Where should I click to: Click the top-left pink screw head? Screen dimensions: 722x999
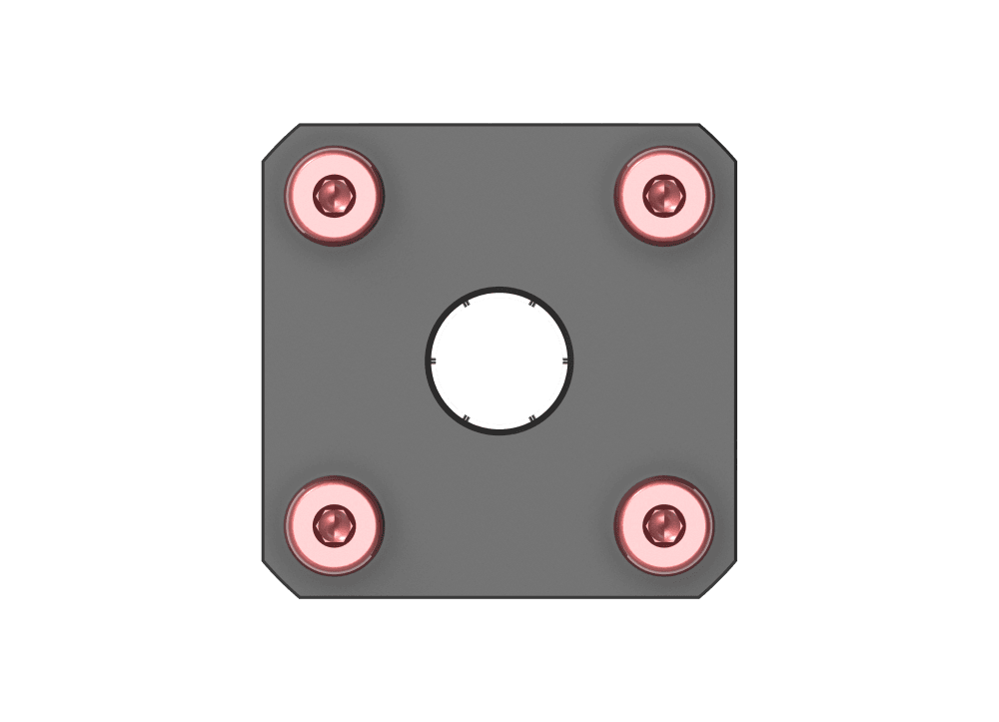click(335, 196)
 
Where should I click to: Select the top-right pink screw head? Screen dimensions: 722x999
click(663, 196)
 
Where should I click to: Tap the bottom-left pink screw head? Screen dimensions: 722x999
click(335, 524)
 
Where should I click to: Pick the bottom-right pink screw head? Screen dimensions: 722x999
click(663, 524)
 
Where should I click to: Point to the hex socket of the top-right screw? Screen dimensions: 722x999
click(663, 194)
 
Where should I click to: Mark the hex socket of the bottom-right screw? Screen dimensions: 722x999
click(663, 522)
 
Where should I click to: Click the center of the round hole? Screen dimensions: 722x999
click(499, 361)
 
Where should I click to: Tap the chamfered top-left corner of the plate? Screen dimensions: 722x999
click(281, 142)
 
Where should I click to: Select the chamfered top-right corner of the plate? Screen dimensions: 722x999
click(718, 142)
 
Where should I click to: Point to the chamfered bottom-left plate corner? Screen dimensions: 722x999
click(281, 580)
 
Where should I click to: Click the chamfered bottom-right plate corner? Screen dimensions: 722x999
click(718, 580)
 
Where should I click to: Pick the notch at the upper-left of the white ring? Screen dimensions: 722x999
click(467, 303)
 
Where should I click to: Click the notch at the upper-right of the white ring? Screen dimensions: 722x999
click(532, 303)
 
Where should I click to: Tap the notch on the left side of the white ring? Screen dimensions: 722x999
click(433, 361)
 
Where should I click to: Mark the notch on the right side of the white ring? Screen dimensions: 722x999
click(566, 361)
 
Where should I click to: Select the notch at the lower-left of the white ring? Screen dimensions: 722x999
click(467, 417)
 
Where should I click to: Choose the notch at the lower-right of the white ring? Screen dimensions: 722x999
click(532, 417)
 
